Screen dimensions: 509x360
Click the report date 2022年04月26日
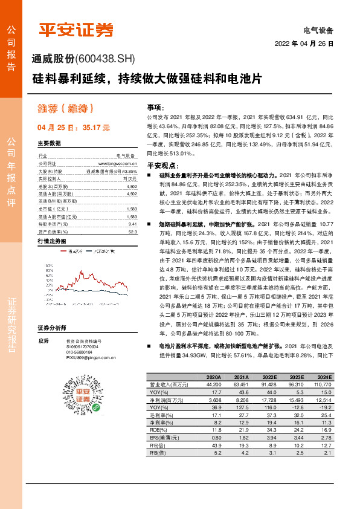[304, 44]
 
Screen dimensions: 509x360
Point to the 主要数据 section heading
[49, 144]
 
